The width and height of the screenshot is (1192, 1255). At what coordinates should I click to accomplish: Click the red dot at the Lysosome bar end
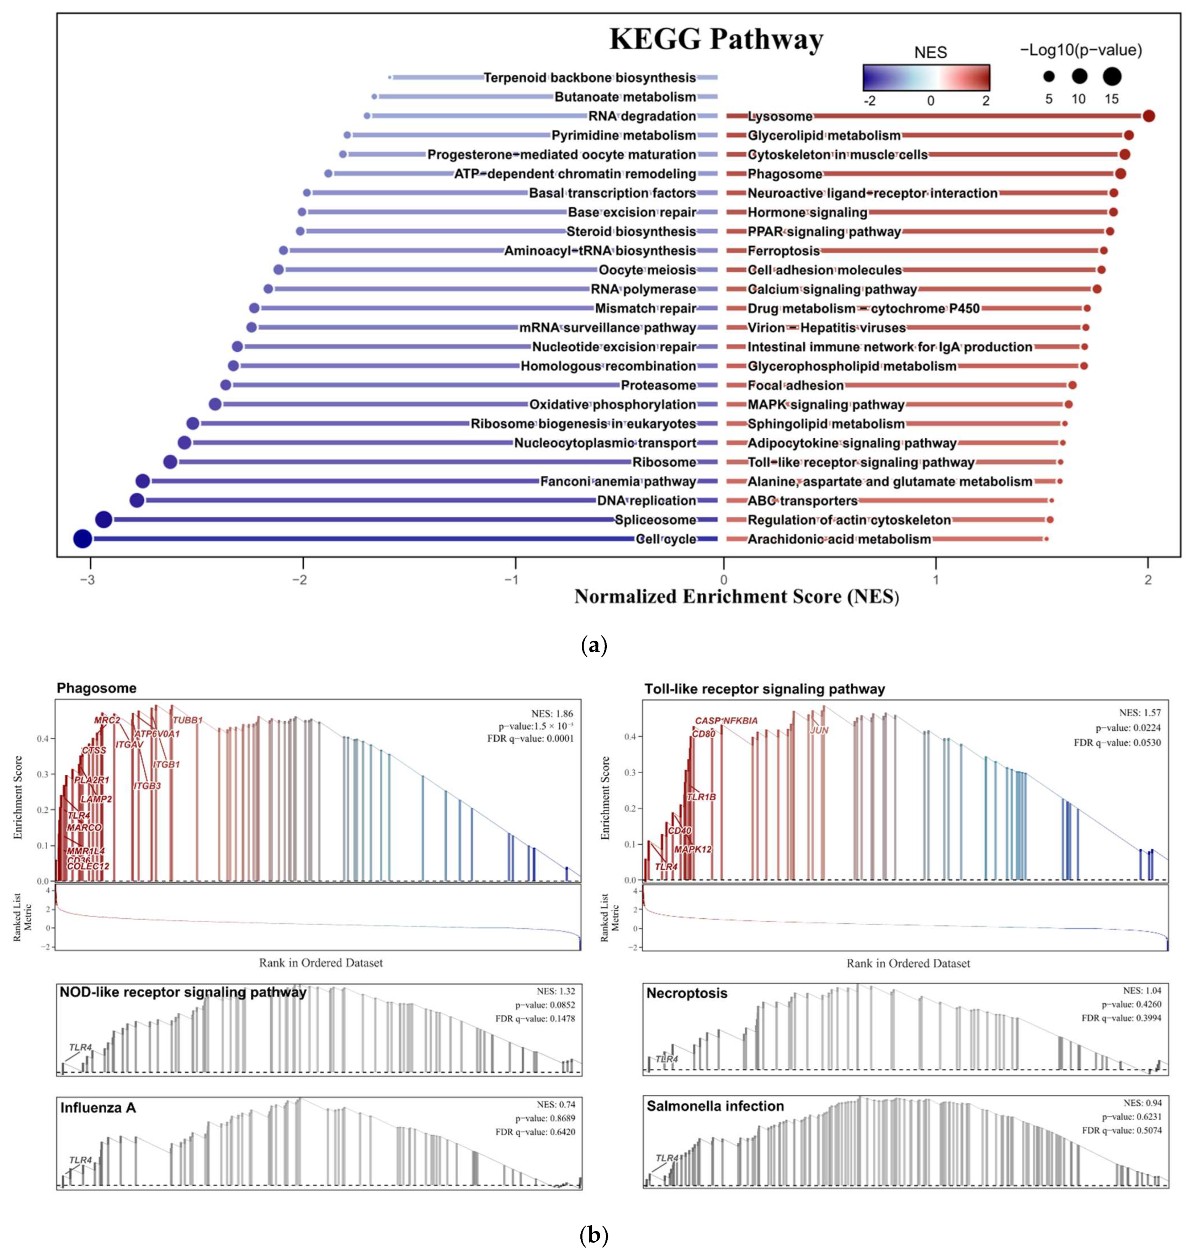click(1148, 116)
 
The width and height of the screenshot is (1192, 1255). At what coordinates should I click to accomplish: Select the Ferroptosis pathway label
click(783, 251)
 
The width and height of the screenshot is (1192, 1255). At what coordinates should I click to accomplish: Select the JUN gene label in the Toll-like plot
click(819, 730)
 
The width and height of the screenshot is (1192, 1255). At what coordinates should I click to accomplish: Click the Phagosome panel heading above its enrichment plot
click(97, 688)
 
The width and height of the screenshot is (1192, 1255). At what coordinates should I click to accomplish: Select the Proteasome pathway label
click(658, 385)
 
